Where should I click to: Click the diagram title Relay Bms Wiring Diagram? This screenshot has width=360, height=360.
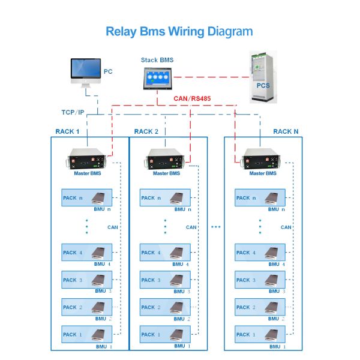tap(179, 31)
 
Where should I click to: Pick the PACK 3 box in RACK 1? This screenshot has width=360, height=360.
tap(87, 280)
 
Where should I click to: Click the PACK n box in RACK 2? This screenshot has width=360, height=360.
tap(165, 198)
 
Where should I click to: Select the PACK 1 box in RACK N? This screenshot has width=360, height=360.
tap(260, 335)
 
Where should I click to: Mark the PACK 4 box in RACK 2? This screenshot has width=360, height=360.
tap(165, 253)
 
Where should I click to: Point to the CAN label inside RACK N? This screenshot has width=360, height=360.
tap(286, 227)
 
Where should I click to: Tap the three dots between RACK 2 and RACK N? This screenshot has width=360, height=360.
tap(216, 227)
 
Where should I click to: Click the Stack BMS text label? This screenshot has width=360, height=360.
tap(156, 60)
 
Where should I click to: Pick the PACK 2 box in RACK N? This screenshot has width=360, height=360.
tap(260, 307)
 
